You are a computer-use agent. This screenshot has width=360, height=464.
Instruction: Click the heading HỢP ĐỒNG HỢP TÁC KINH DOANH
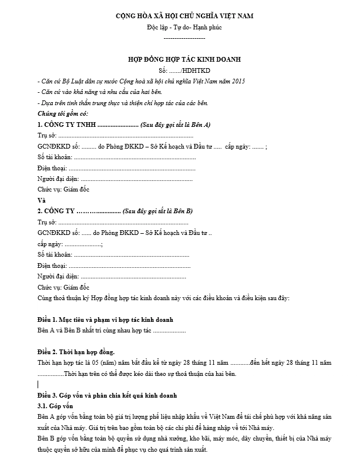tap(184, 59)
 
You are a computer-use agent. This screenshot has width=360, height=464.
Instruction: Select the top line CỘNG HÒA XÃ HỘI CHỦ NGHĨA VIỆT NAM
tap(184, 16)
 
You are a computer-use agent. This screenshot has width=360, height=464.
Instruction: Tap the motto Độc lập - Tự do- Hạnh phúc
tap(184, 27)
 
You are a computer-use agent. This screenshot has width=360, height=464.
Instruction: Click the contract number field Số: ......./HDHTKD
tap(184, 70)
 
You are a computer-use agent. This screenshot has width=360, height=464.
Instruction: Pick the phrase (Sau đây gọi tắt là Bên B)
tap(158, 211)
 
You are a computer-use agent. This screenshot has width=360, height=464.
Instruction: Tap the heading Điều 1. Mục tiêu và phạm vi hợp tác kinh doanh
tap(105, 319)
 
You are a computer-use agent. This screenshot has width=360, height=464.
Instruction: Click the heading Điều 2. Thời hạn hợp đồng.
tap(76, 351)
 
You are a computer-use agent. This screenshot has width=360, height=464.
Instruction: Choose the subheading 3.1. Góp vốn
tap(56, 406)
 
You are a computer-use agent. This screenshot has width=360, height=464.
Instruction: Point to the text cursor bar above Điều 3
tap(38, 384)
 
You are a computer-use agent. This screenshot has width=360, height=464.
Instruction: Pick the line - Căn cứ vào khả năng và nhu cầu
tap(98, 92)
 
